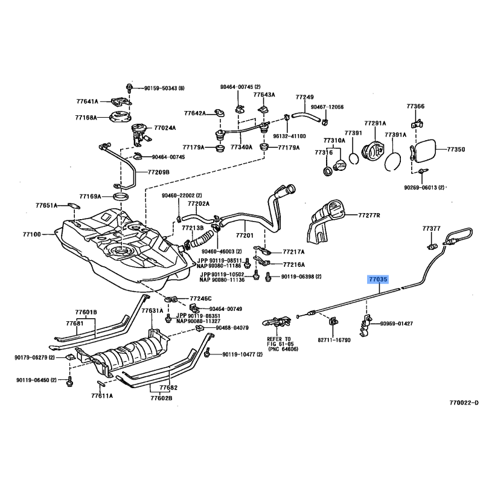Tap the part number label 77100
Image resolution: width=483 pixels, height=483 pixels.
tap(31, 234)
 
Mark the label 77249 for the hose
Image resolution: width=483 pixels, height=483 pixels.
tap(304, 97)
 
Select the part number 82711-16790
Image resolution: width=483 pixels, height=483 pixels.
tap(334, 341)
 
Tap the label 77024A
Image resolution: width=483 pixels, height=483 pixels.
tap(165, 128)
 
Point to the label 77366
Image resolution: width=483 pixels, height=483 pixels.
tap(415, 106)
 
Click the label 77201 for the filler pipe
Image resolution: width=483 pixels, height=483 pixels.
tap(245, 235)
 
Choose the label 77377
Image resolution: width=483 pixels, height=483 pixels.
tap(431, 229)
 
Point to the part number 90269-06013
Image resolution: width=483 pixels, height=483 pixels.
tap(424, 188)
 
